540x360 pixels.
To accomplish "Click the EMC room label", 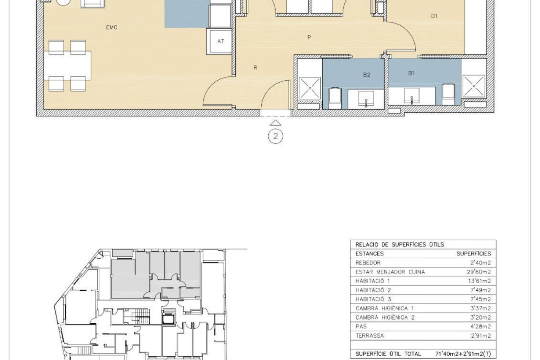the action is click(x=112, y=27).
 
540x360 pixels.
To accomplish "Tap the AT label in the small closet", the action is click(x=221, y=41).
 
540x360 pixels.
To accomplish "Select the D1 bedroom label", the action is click(x=434, y=16).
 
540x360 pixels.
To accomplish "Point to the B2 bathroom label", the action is click(x=367, y=75).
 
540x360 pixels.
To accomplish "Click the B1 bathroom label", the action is click(x=411, y=73).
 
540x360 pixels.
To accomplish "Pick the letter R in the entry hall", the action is click(x=255, y=68).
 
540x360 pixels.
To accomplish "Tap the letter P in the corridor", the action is click(x=309, y=38).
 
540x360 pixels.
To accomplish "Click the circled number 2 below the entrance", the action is click(x=275, y=136).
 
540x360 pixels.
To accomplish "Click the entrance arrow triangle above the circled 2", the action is click(x=275, y=123).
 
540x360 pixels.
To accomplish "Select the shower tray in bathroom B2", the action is click(x=310, y=88).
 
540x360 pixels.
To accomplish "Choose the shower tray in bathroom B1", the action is click(x=474, y=86).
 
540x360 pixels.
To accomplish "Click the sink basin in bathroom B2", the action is click(x=366, y=98).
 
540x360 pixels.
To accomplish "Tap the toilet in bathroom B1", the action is click(x=448, y=94).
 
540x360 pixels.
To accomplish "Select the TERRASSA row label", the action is click(x=370, y=336).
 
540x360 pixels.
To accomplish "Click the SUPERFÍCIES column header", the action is click(x=474, y=254).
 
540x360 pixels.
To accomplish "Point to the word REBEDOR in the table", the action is click(x=368, y=263).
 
